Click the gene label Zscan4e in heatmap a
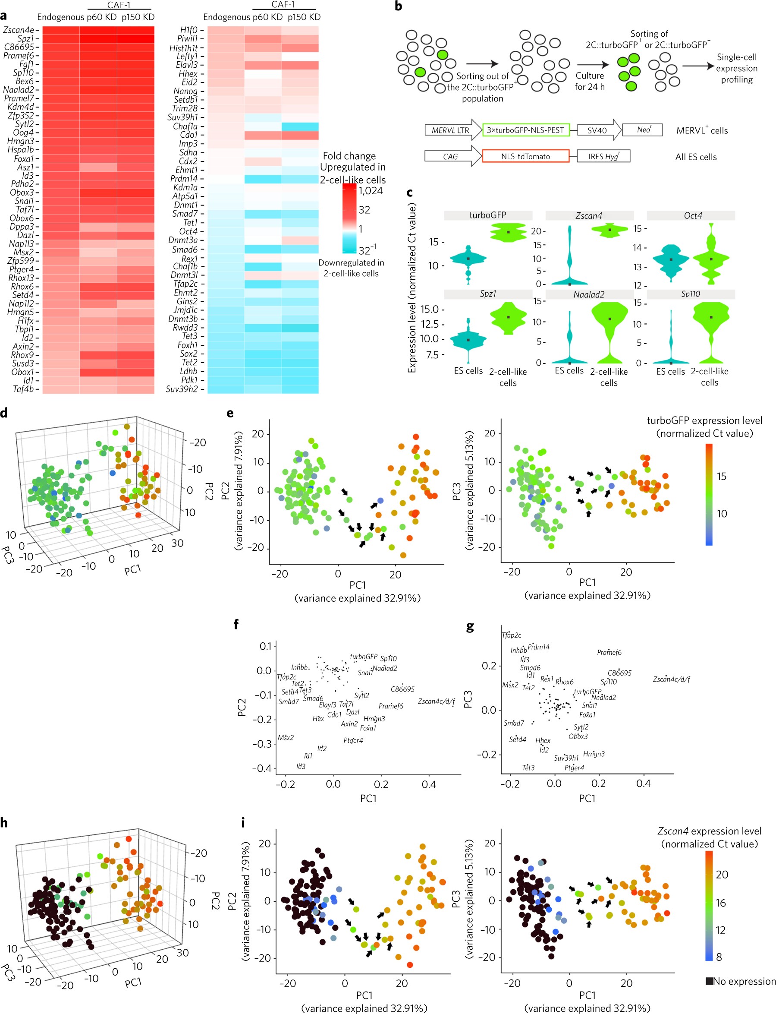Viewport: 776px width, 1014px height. click(19, 30)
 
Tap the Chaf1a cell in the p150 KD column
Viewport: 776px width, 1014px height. click(300, 126)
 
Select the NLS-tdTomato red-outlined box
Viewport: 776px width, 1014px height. click(525, 157)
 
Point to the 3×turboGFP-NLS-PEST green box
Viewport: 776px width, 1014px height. click(525, 130)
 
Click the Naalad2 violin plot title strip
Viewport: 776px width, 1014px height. click(589, 294)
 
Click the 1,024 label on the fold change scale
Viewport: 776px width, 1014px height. click(371, 191)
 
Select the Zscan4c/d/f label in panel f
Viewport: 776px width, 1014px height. click(436, 701)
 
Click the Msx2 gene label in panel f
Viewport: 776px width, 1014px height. click(286, 738)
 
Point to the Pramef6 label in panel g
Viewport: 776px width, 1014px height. click(609, 653)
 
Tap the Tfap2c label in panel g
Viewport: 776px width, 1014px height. click(511, 635)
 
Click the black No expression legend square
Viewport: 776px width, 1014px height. click(709, 981)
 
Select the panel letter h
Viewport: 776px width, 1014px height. click(4, 823)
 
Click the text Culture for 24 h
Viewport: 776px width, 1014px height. click(589, 81)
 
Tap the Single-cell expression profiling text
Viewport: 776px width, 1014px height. click(736, 68)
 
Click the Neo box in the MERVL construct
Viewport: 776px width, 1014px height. click(643, 130)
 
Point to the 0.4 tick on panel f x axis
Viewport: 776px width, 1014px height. click(429, 784)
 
